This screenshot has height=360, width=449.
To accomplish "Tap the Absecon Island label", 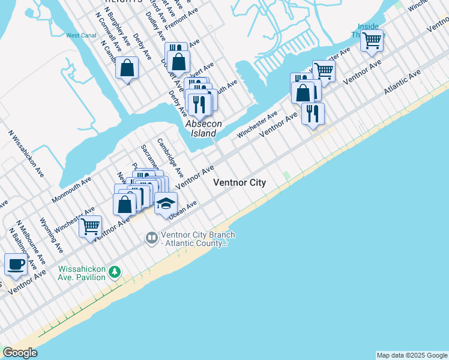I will (203, 128).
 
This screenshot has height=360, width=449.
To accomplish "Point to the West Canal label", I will (80, 36).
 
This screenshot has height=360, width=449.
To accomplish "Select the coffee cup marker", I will (16, 264).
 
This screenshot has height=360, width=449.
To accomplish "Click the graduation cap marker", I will (166, 203).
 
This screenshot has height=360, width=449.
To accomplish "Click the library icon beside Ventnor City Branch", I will (151, 238).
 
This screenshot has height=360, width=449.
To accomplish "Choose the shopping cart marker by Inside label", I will (372, 41).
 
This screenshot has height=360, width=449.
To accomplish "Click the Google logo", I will (20, 353).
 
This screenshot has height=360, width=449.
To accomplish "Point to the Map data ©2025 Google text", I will (412, 355).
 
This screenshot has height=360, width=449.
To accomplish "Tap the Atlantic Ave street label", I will (403, 83).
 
